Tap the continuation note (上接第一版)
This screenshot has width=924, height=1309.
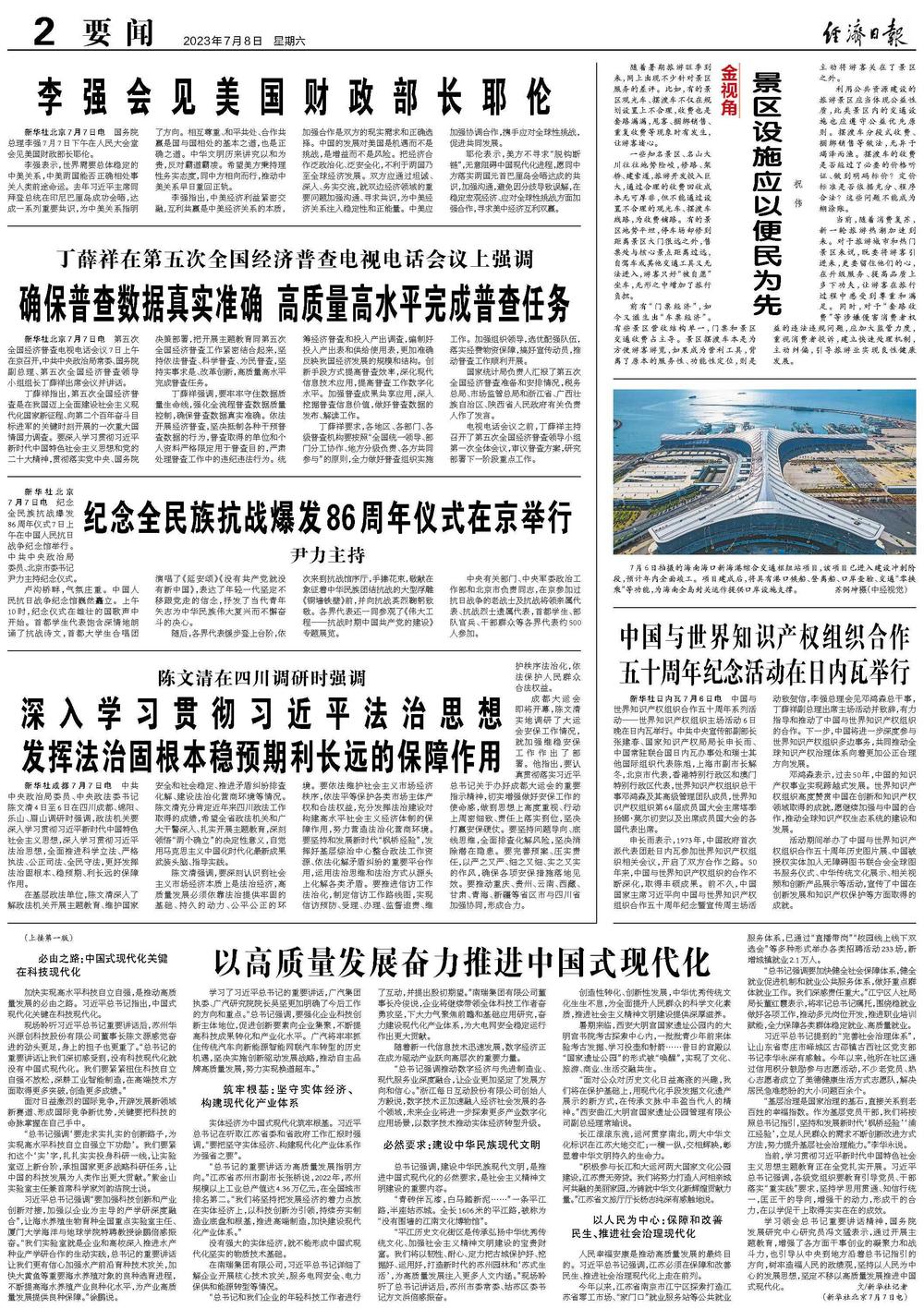pyautogui.click(x=57, y=939)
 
